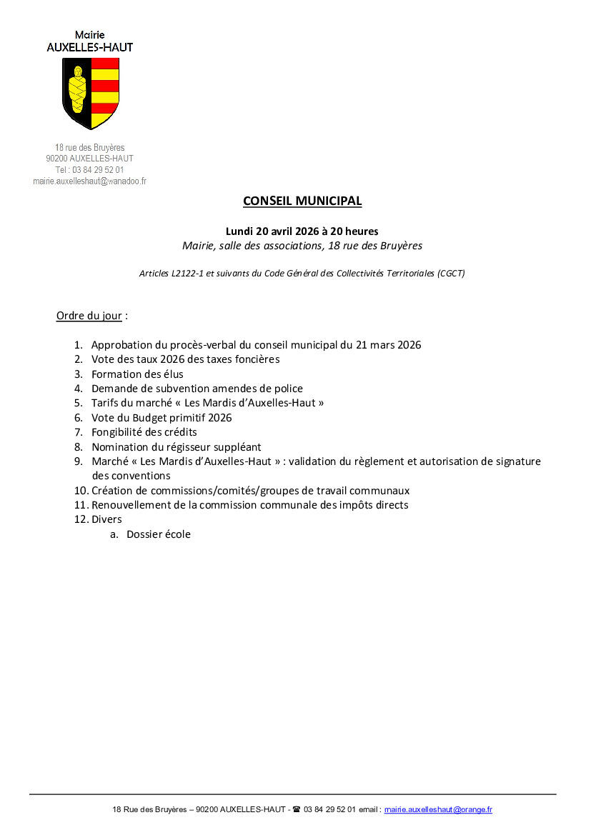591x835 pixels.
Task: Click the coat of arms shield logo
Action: (x=90, y=93)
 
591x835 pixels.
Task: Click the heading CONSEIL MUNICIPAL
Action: (x=302, y=201)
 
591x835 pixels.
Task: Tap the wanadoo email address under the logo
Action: (x=89, y=181)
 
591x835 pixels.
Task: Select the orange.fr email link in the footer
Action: (x=438, y=809)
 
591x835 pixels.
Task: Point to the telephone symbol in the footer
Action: (x=297, y=809)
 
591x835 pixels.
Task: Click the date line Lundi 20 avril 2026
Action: (x=302, y=231)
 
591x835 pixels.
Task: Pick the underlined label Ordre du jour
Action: (x=89, y=315)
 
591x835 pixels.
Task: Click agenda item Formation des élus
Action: (x=137, y=374)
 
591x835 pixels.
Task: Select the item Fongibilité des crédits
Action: (x=144, y=432)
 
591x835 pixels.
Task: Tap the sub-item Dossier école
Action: (x=159, y=534)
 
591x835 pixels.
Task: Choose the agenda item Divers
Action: (x=106, y=519)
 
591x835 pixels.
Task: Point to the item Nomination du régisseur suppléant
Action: (x=176, y=447)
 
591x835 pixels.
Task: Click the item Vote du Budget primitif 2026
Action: (x=162, y=418)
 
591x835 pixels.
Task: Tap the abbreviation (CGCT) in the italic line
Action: (x=452, y=273)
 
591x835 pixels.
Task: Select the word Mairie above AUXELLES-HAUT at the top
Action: (x=89, y=34)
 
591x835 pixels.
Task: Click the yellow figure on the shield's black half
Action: (x=77, y=91)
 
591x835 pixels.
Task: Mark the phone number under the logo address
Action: (x=89, y=170)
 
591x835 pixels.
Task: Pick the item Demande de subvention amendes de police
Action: (x=197, y=389)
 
